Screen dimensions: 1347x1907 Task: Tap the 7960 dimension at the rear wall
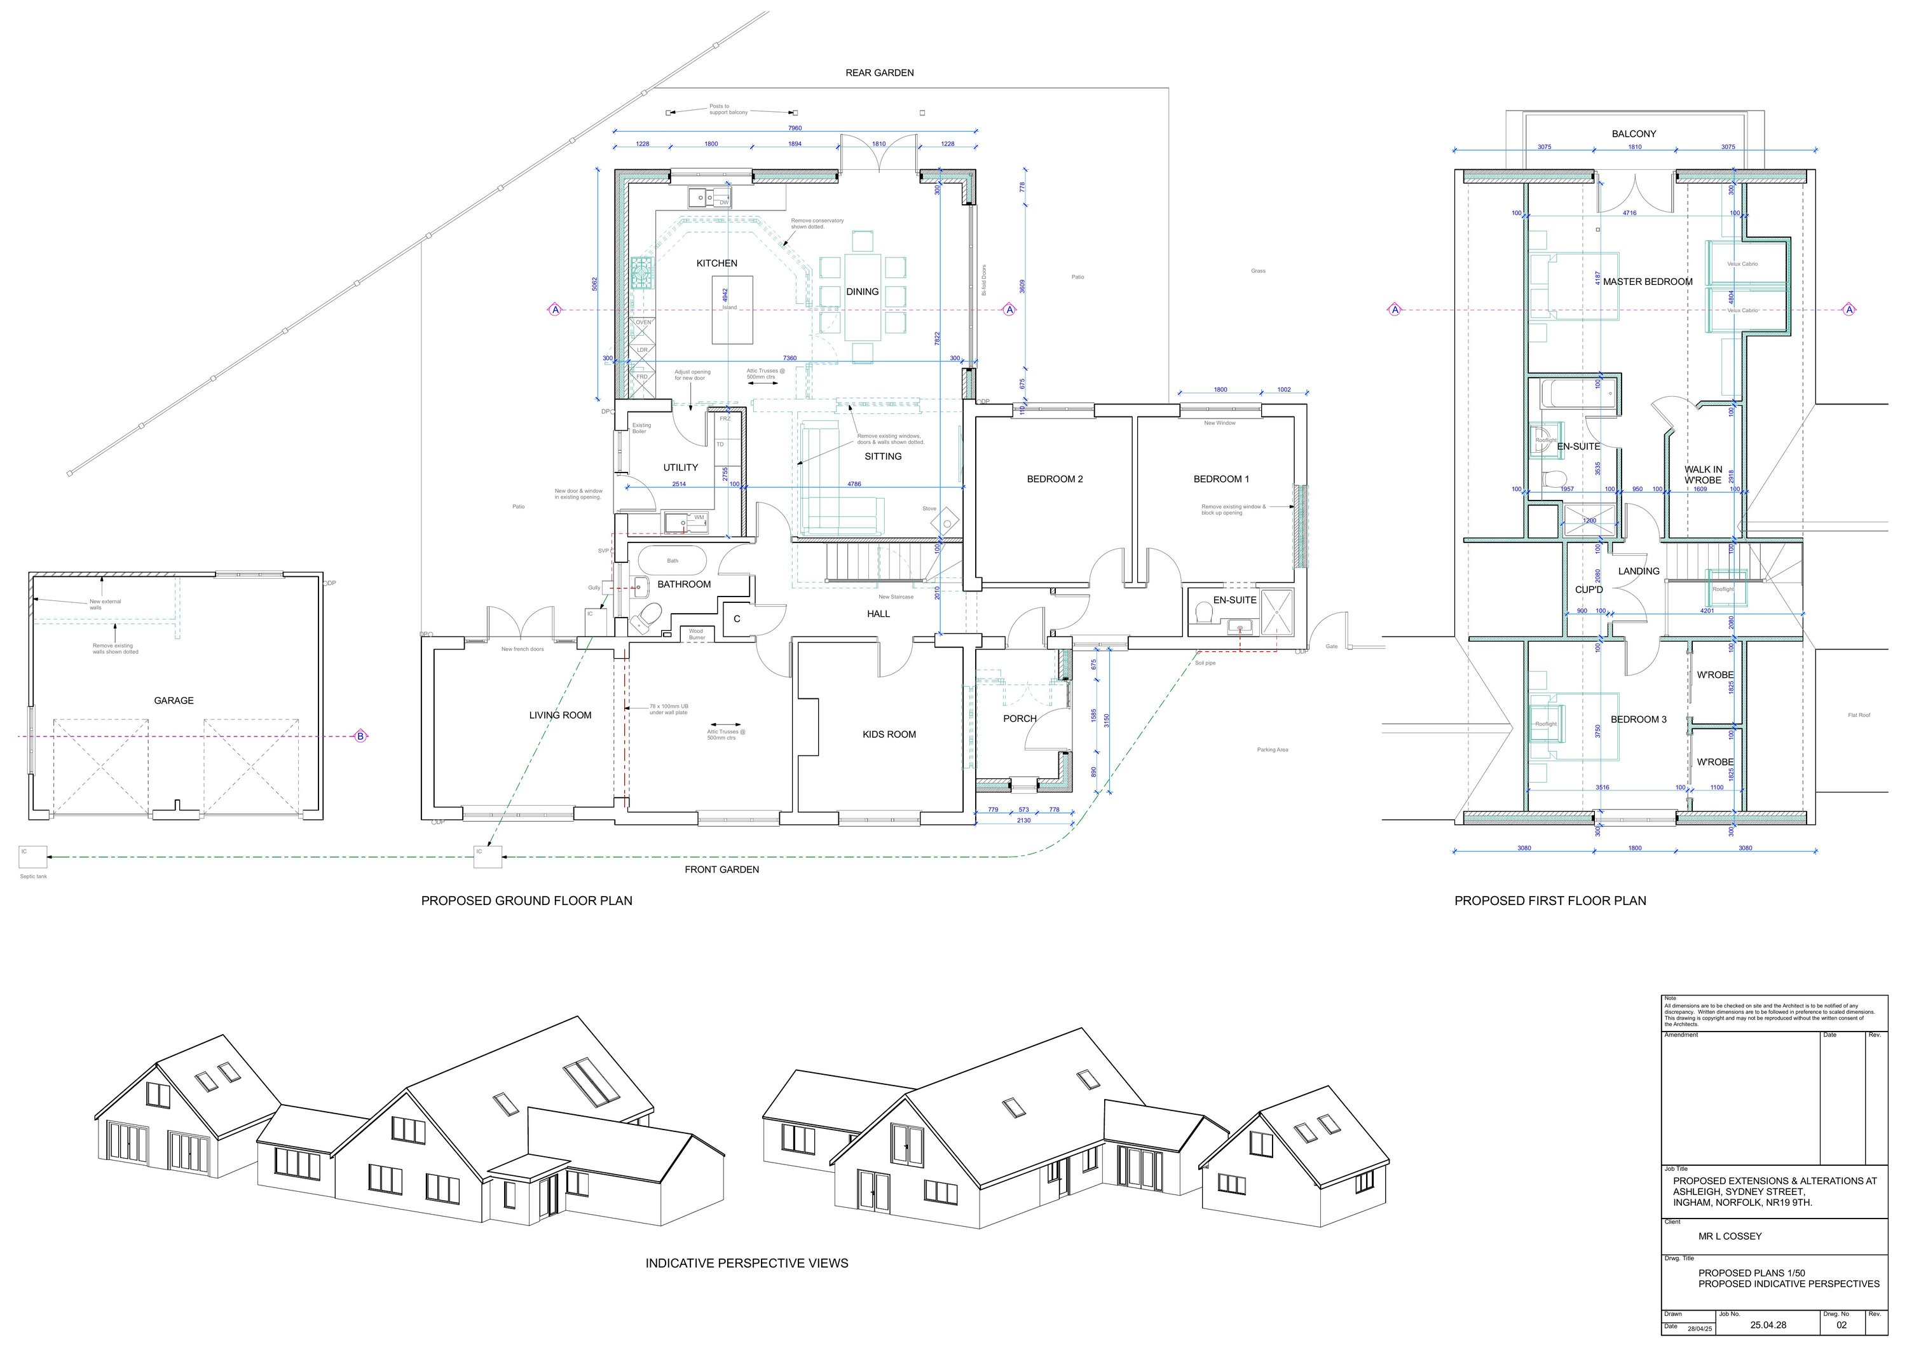click(x=794, y=128)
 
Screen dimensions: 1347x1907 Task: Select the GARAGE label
click(x=174, y=700)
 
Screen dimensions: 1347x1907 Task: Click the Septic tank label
click(x=33, y=876)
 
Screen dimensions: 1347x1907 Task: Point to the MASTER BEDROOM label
click(x=1647, y=282)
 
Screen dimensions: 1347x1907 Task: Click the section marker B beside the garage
click(x=360, y=736)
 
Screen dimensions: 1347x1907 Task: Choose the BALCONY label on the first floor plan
click(x=1634, y=134)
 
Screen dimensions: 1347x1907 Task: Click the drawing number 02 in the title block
click(x=1842, y=1325)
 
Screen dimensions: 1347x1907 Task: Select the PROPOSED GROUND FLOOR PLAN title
click(x=526, y=901)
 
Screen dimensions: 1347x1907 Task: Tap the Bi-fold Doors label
click(x=984, y=280)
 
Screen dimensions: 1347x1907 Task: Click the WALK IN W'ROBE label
click(x=1703, y=474)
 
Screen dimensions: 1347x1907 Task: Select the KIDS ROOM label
click(x=889, y=735)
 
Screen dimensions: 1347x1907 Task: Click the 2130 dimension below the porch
click(x=1023, y=820)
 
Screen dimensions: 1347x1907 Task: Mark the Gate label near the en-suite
click(x=1332, y=647)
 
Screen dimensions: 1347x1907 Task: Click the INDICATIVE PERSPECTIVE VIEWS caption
click(x=747, y=1263)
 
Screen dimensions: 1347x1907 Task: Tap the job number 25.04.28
click(x=1768, y=1325)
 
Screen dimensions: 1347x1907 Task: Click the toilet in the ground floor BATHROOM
click(x=646, y=616)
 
